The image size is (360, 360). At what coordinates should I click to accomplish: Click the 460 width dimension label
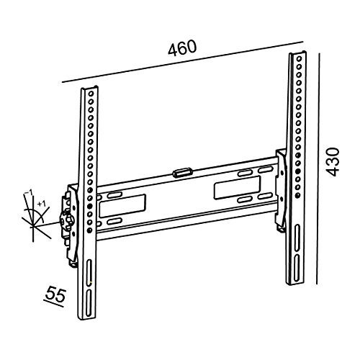tap(182, 48)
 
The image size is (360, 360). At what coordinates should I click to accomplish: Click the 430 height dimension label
tap(333, 162)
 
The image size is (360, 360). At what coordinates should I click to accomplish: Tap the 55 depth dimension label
tap(55, 294)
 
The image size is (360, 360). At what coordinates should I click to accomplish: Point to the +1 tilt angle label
tap(41, 204)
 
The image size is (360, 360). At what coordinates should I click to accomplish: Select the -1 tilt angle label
tap(29, 193)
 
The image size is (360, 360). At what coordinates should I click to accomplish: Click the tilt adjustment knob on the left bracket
tap(67, 219)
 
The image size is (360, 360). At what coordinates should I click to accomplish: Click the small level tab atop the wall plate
tap(182, 173)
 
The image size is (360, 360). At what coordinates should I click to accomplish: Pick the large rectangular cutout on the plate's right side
tap(238, 188)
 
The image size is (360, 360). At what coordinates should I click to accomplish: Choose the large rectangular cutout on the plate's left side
tap(122, 206)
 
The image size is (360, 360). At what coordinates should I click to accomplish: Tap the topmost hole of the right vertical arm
tap(300, 58)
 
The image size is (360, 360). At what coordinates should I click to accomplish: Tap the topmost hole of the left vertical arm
tap(91, 93)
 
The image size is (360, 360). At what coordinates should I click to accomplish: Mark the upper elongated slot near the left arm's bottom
tap(89, 272)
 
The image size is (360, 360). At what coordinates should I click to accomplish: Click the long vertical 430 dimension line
tap(318, 168)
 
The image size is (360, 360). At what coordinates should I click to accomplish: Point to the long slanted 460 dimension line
tap(183, 62)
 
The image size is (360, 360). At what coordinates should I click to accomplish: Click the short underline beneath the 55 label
tap(54, 304)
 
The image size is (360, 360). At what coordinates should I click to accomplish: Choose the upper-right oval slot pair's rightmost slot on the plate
tap(265, 170)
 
